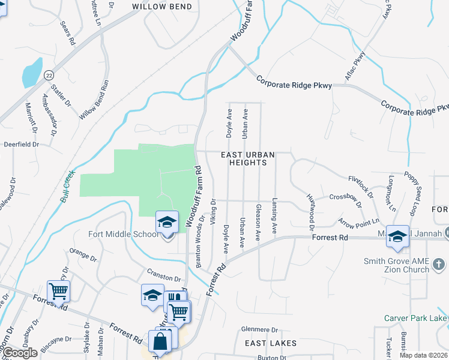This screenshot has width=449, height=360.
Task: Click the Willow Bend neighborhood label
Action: coord(162,7)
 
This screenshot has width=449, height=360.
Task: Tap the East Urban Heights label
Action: coord(248,158)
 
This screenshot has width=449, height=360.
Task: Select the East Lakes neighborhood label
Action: coord(270,343)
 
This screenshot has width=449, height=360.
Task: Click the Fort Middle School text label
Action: coord(124,234)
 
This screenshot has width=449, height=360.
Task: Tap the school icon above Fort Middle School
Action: coord(167,223)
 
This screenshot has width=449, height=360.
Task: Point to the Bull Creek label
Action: coord(68,187)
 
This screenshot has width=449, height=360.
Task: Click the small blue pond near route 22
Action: coord(32,73)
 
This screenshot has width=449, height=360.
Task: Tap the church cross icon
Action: coord(439,264)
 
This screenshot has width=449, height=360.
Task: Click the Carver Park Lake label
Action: coord(417,317)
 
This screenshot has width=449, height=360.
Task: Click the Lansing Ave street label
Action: coord(274,215)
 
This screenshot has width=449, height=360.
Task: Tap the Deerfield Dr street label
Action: coord(21,145)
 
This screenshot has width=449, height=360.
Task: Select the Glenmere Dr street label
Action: coord(259,329)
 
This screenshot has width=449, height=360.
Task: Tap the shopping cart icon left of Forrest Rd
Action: coord(58,291)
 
